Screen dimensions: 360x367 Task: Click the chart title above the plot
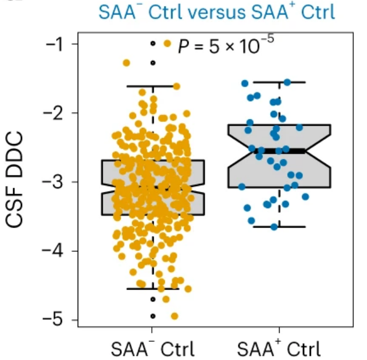[216, 11]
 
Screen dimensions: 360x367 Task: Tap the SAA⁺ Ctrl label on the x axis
[279, 346]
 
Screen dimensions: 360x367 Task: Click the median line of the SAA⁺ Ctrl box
[279, 151]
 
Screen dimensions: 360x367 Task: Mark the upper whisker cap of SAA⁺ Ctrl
[279, 82]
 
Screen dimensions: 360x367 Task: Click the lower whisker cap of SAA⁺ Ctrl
[279, 226]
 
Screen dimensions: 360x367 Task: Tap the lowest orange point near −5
[174, 316]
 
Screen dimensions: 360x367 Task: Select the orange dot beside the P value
[167, 43]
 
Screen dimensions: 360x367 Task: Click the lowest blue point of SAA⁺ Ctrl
[274, 227]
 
